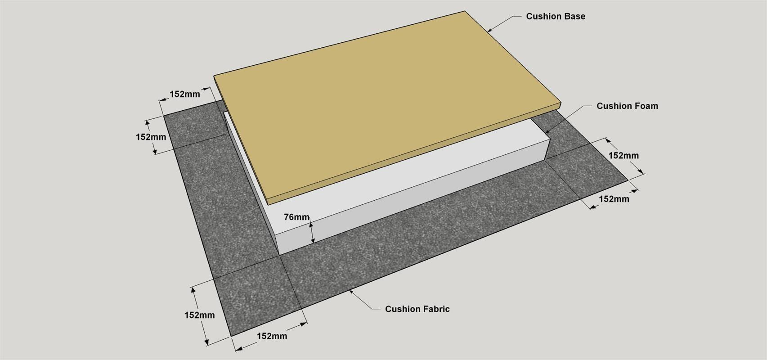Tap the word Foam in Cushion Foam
coord(646,106)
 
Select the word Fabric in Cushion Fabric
coord(436,309)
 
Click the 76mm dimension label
coord(296,217)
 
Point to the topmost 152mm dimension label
coord(185,94)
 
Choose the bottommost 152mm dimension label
coord(272,336)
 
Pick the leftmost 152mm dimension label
coord(151,137)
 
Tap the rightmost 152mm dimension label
coord(623,156)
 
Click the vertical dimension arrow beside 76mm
coord(312,233)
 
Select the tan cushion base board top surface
coord(387,103)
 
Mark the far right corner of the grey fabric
coord(627,180)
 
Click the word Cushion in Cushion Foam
coord(614,106)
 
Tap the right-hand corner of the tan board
coord(561,103)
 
